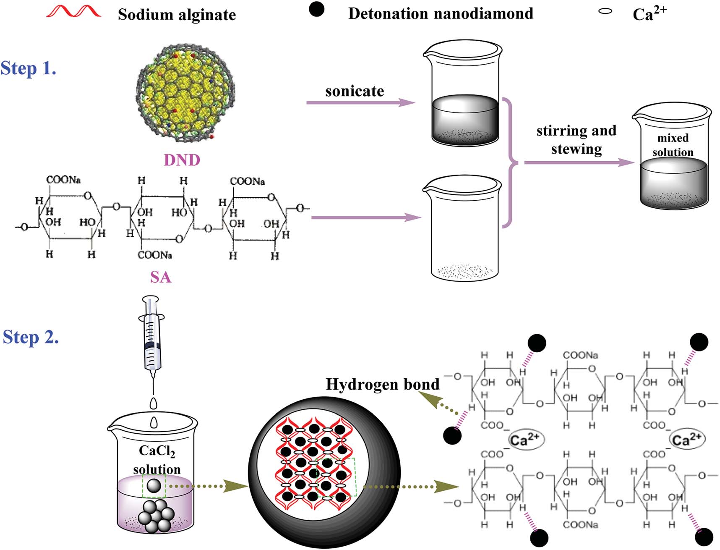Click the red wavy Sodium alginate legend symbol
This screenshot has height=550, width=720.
pyautogui.click(x=74, y=12)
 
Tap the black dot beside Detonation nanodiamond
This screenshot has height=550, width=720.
pyautogui.click(x=316, y=9)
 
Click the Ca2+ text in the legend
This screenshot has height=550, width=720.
pyautogui.click(x=649, y=14)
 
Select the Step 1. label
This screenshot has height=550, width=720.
pyautogui.click(x=29, y=68)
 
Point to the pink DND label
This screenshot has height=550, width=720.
pyautogui.click(x=182, y=160)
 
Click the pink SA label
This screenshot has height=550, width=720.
pyautogui.click(x=160, y=277)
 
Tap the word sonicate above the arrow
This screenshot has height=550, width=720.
pyautogui.click(x=355, y=91)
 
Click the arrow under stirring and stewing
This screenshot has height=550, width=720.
pyautogui.click(x=579, y=162)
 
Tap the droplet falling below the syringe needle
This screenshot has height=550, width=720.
pyautogui.click(x=154, y=403)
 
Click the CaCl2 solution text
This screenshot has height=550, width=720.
pyautogui.click(x=157, y=460)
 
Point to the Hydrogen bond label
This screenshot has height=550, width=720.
pyautogui.click(x=382, y=384)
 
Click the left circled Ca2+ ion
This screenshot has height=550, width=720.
pyautogui.click(x=525, y=440)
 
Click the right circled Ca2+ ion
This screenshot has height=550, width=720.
pyautogui.click(x=686, y=440)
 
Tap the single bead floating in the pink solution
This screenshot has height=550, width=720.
pyautogui.click(x=154, y=486)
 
